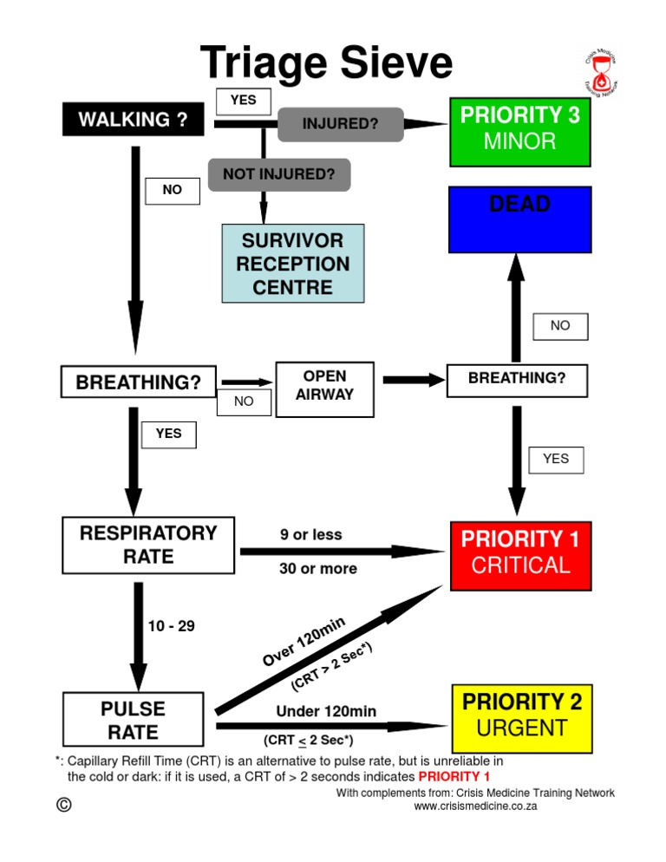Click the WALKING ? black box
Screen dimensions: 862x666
pyautogui.click(x=133, y=120)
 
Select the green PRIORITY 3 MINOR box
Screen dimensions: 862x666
pyautogui.click(x=519, y=131)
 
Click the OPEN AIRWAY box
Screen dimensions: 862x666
pyautogui.click(x=324, y=385)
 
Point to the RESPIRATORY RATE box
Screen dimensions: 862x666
pyautogui.click(x=148, y=545)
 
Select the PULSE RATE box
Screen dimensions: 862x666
pyautogui.click(x=134, y=721)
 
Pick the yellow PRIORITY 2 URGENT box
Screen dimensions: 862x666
pyautogui.click(x=521, y=716)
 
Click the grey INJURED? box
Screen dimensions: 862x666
pyautogui.click(x=340, y=124)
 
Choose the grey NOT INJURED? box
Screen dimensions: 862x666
pyautogui.click(x=278, y=174)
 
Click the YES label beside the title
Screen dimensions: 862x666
pyautogui.click(x=243, y=101)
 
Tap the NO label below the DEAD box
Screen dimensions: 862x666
pyautogui.click(x=560, y=326)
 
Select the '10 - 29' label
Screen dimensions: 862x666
pyautogui.click(x=171, y=625)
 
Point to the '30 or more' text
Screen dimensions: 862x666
pyautogui.click(x=318, y=569)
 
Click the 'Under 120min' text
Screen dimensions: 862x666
pyautogui.click(x=326, y=712)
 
